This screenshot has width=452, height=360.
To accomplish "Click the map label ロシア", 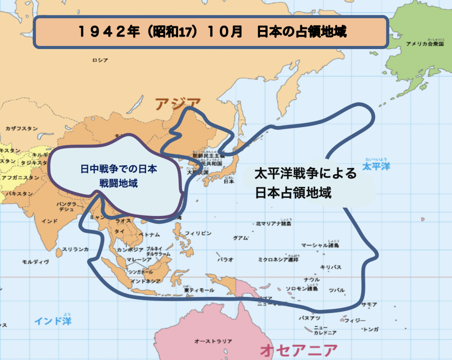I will pos(100,60).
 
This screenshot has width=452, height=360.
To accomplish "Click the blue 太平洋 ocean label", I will pos(376,167).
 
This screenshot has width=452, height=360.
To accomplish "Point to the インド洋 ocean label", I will pos(53,321).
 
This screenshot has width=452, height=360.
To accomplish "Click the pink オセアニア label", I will pos(299,351).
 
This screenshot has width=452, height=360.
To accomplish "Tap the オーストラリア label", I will pos(213,341).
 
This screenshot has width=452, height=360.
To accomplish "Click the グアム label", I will pos(241,238).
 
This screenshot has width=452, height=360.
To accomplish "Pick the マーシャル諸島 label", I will pos(320,245).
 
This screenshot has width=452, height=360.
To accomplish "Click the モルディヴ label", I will pos(35,262).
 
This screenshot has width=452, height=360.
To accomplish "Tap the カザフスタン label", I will pos(22,129).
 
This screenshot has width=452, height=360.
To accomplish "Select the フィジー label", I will pos(355,320).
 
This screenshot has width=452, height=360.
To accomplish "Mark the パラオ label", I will pos(226,259).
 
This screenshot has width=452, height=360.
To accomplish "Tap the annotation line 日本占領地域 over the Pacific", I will pos(293,193).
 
